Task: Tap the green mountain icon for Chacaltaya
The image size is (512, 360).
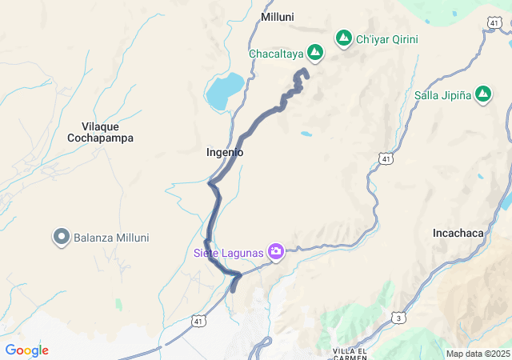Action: pyautogui.click(x=315, y=53)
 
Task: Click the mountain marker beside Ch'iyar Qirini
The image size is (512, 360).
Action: pyautogui.click(x=344, y=38)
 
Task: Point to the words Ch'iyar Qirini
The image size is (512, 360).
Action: pyautogui.click(x=387, y=38)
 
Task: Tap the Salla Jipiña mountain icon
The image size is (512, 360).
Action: pyautogui.click(x=483, y=94)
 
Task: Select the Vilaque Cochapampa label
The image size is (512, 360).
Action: pyautogui.click(x=106, y=131)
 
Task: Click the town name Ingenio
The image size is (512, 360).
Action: pyautogui.click(x=225, y=152)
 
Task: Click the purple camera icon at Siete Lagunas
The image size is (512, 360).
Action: pyautogui.click(x=276, y=253)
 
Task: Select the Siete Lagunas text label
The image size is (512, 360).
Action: pyautogui.click(x=228, y=253)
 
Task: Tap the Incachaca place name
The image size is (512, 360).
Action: pyautogui.click(x=458, y=233)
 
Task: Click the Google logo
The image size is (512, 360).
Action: pyautogui.click(x=26, y=350)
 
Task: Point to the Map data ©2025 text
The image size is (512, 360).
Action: pyautogui.click(x=477, y=354)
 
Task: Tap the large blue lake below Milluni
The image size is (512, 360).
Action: pyautogui.click(x=225, y=90)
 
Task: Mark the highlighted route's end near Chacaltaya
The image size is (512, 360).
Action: pyautogui.click(x=303, y=72)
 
